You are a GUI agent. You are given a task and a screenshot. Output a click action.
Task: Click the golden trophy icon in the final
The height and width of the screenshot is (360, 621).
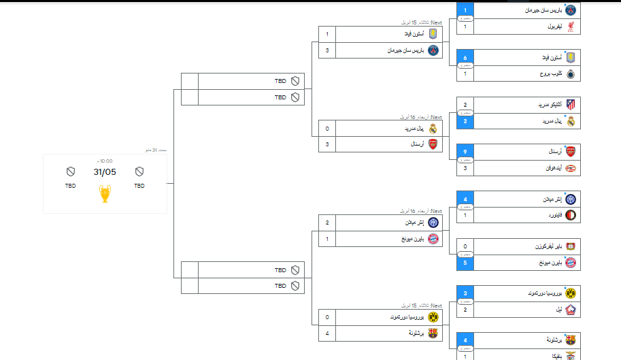click(x=105, y=194)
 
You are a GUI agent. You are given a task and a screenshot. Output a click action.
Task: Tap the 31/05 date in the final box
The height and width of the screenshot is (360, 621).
click(x=105, y=172)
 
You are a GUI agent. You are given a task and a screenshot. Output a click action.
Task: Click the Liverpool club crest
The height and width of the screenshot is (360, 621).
click(x=571, y=27)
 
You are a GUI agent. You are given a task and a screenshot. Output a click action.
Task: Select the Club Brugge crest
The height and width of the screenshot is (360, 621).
click(x=571, y=73)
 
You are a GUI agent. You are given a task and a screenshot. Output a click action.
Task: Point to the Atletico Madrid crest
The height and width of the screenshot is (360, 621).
click(x=571, y=105)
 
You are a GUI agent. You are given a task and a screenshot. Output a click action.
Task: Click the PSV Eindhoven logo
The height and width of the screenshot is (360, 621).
click(x=571, y=167)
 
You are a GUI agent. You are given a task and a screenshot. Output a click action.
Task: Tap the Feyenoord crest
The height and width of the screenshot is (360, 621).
click(x=571, y=215)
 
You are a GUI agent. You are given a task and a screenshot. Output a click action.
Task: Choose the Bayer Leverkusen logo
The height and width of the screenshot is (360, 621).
click(x=571, y=246)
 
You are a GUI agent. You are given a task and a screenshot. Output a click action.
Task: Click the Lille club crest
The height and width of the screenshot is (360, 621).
click(x=571, y=309)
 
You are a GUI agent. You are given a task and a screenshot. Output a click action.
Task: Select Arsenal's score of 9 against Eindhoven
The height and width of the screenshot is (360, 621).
click(x=465, y=151)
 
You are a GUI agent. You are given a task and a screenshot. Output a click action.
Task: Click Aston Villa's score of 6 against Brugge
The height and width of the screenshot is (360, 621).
click(x=465, y=58)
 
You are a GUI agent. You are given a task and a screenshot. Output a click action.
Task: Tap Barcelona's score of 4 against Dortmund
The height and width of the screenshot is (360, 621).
click(x=327, y=333)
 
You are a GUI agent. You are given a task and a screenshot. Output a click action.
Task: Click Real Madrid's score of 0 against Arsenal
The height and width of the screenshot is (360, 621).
click(x=327, y=128)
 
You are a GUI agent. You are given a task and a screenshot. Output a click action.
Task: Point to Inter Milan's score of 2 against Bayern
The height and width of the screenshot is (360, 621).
click(x=327, y=223)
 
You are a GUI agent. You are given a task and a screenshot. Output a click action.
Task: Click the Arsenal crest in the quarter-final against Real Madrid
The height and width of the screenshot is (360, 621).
click(x=433, y=144)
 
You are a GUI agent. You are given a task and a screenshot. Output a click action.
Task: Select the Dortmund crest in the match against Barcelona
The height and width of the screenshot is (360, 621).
click(x=433, y=317)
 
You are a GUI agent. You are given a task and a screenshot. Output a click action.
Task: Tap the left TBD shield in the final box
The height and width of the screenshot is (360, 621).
click(x=71, y=171)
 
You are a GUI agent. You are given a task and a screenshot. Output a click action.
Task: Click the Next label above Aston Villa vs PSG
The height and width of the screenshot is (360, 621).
click(x=436, y=22)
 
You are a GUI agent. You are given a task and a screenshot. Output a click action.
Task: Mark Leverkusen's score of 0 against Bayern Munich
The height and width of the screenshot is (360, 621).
click(x=465, y=246)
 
